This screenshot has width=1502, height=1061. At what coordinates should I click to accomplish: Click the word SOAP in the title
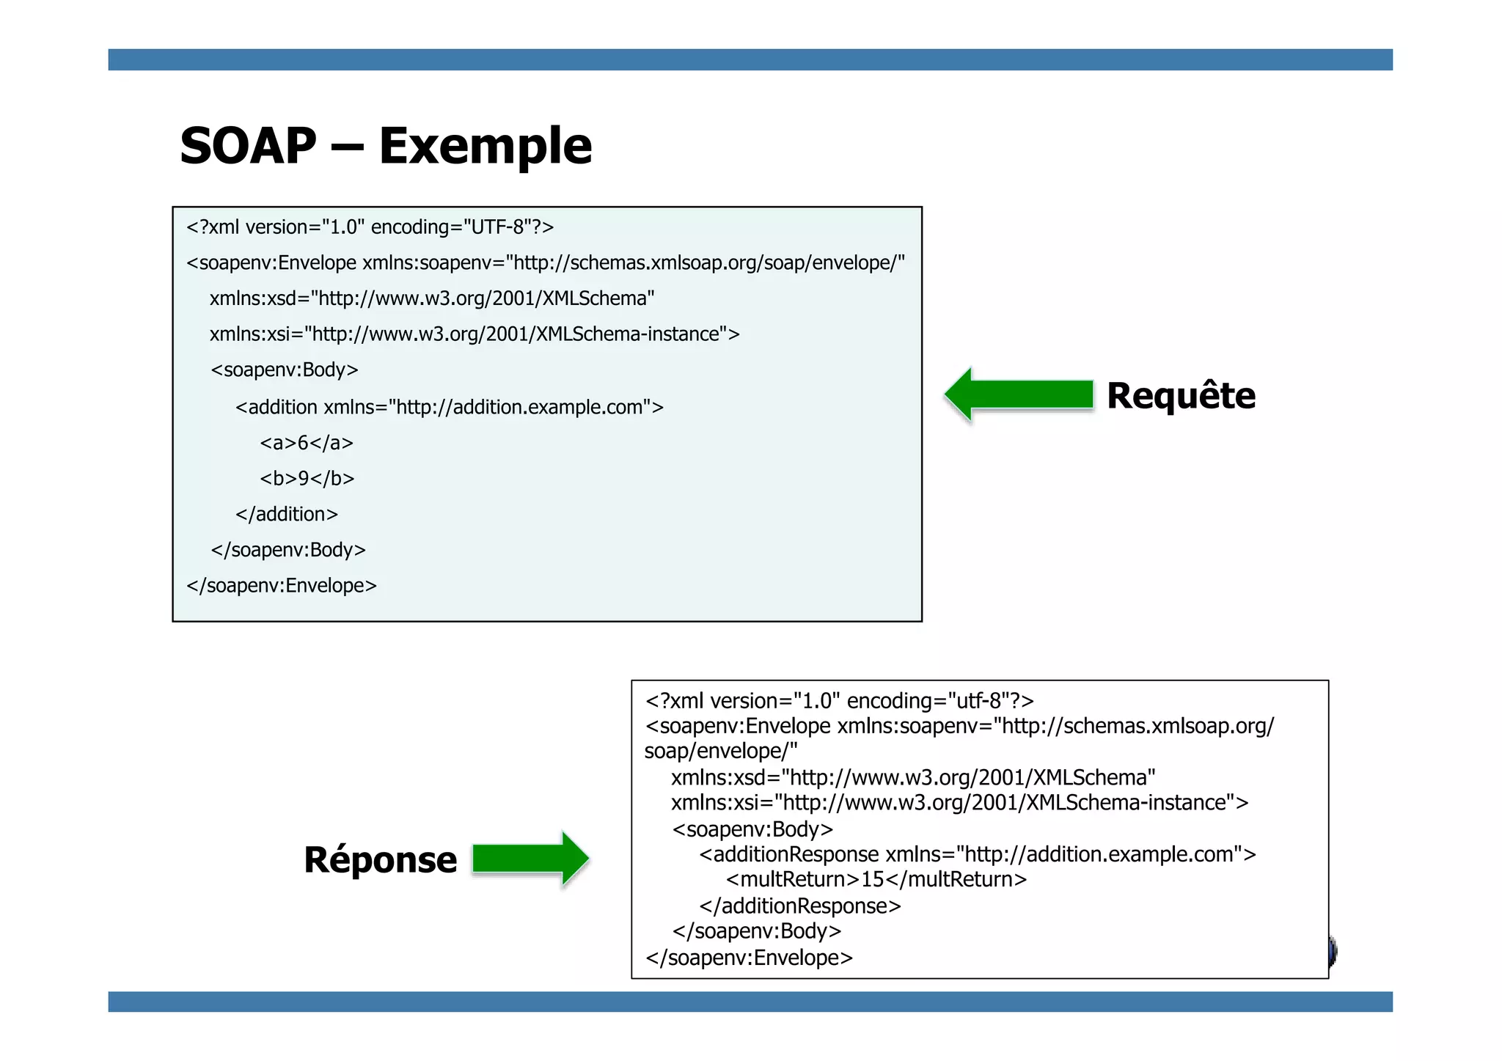click(x=248, y=146)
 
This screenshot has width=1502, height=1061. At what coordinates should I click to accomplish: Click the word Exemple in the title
click(x=485, y=146)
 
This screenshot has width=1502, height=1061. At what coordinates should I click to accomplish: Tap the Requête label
click(x=1181, y=396)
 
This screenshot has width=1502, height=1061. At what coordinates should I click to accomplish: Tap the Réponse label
click(x=380, y=859)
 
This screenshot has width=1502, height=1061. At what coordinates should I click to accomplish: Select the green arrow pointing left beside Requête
click(x=1019, y=394)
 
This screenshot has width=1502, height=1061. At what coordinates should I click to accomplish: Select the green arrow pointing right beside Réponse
click(x=530, y=858)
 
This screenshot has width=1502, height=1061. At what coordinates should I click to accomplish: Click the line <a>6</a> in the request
click(x=307, y=443)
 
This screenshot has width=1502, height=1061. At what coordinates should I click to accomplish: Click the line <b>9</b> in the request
click(x=307, y=479)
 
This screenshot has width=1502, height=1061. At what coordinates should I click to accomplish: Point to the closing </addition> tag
click(x=287, y=514)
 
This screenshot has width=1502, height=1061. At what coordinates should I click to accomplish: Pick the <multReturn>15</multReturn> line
click(x=876, y=879)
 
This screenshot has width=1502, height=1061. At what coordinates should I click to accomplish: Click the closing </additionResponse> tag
click(x=799, y=906)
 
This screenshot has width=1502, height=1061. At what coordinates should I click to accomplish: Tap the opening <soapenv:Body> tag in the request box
click(x=285, y=370)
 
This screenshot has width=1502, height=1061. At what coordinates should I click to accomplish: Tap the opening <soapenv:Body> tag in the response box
click(x=752, y=829)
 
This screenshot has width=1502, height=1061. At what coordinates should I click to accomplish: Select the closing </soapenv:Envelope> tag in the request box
click(x=282, y=585)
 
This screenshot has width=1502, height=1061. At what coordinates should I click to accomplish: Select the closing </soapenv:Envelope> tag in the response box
click(x=749, y=958)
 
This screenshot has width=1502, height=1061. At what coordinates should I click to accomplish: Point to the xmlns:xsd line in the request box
click(x=432, y=298)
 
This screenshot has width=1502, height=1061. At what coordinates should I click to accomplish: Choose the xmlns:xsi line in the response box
click(x=959, y=803)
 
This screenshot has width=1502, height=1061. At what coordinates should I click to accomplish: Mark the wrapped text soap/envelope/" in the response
click(x=721, y=751)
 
